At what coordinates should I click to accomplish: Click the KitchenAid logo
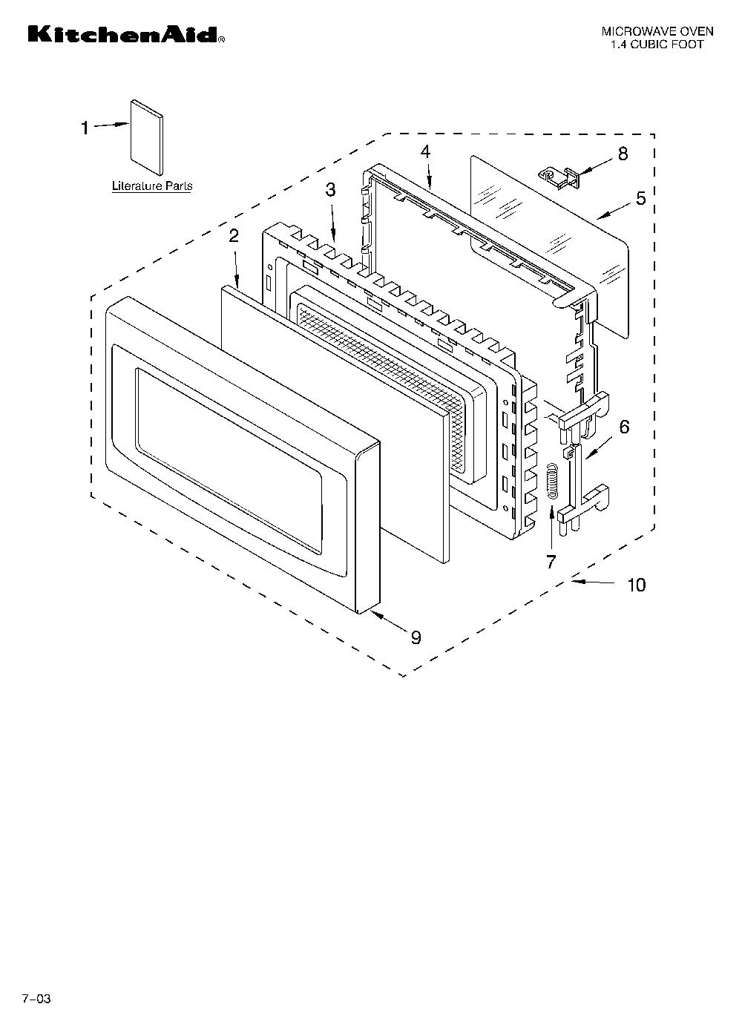coord(126,35)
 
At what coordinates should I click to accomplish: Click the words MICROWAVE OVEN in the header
coord(657,31)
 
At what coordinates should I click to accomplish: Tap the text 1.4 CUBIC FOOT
coord(657,45)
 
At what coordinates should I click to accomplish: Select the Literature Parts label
coord(152,186)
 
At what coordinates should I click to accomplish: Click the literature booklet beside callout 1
coord(146,137)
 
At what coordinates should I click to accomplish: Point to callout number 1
coord(85,128)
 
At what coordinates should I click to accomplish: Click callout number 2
coord(234,236)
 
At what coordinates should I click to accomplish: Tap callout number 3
coord(330,190)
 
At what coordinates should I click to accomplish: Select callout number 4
coord(426,152)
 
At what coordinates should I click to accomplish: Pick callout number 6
coord(625,427)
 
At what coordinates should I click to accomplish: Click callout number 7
coord(551,562)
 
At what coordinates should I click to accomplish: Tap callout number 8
coord(623,154)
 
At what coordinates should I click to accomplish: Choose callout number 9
coord(416,637)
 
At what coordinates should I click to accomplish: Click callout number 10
coord(637,584)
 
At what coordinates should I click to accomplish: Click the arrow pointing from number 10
coord(595,582)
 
